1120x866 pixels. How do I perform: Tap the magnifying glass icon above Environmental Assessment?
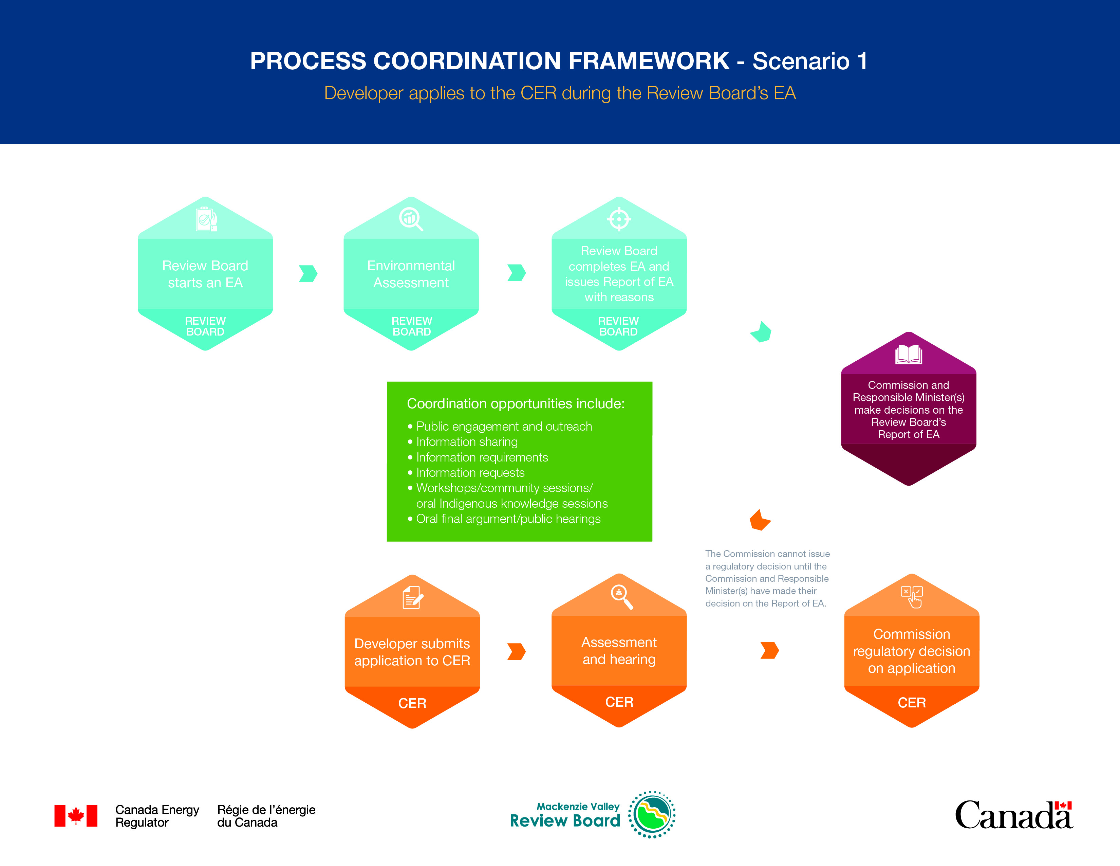point(411,219)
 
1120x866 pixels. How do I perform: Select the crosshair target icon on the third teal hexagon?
point(619,219)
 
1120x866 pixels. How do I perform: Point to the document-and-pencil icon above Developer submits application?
point(413,597)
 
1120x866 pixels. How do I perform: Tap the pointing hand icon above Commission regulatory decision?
point(912,597)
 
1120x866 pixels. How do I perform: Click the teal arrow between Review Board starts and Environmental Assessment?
point(308,273)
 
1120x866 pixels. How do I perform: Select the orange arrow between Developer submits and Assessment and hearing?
point(517,652)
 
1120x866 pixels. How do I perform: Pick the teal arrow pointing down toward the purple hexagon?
point(761,332)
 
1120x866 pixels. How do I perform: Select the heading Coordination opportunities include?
point(516,404)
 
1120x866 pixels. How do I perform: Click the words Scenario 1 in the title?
point(810,61)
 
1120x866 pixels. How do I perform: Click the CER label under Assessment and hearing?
point(619,702)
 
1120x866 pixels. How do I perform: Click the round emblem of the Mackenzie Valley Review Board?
point(652,814)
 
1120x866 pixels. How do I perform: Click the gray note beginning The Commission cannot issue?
point(767,578)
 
